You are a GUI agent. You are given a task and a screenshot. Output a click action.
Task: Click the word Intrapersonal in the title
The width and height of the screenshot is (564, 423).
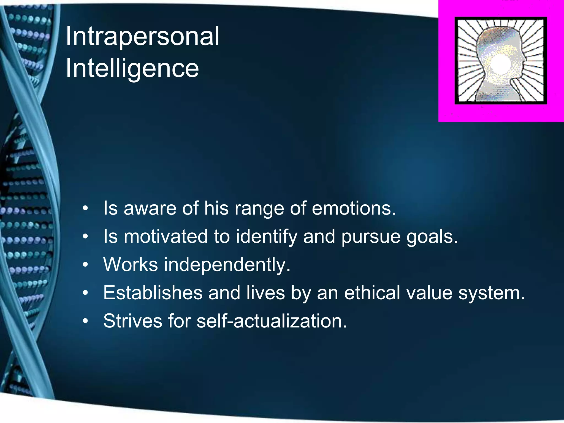point(142,36)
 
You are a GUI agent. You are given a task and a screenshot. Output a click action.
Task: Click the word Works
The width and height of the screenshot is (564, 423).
point(131,265)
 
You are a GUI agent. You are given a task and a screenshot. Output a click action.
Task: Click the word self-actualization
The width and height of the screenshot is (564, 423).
point(272,321)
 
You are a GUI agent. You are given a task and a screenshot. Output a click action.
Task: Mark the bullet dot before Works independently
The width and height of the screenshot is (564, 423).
point(86,265)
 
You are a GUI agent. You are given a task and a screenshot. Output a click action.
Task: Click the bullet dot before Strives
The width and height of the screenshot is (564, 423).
point(86,321)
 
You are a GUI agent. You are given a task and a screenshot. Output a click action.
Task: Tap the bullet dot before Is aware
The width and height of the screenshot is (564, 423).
point(86,208)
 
